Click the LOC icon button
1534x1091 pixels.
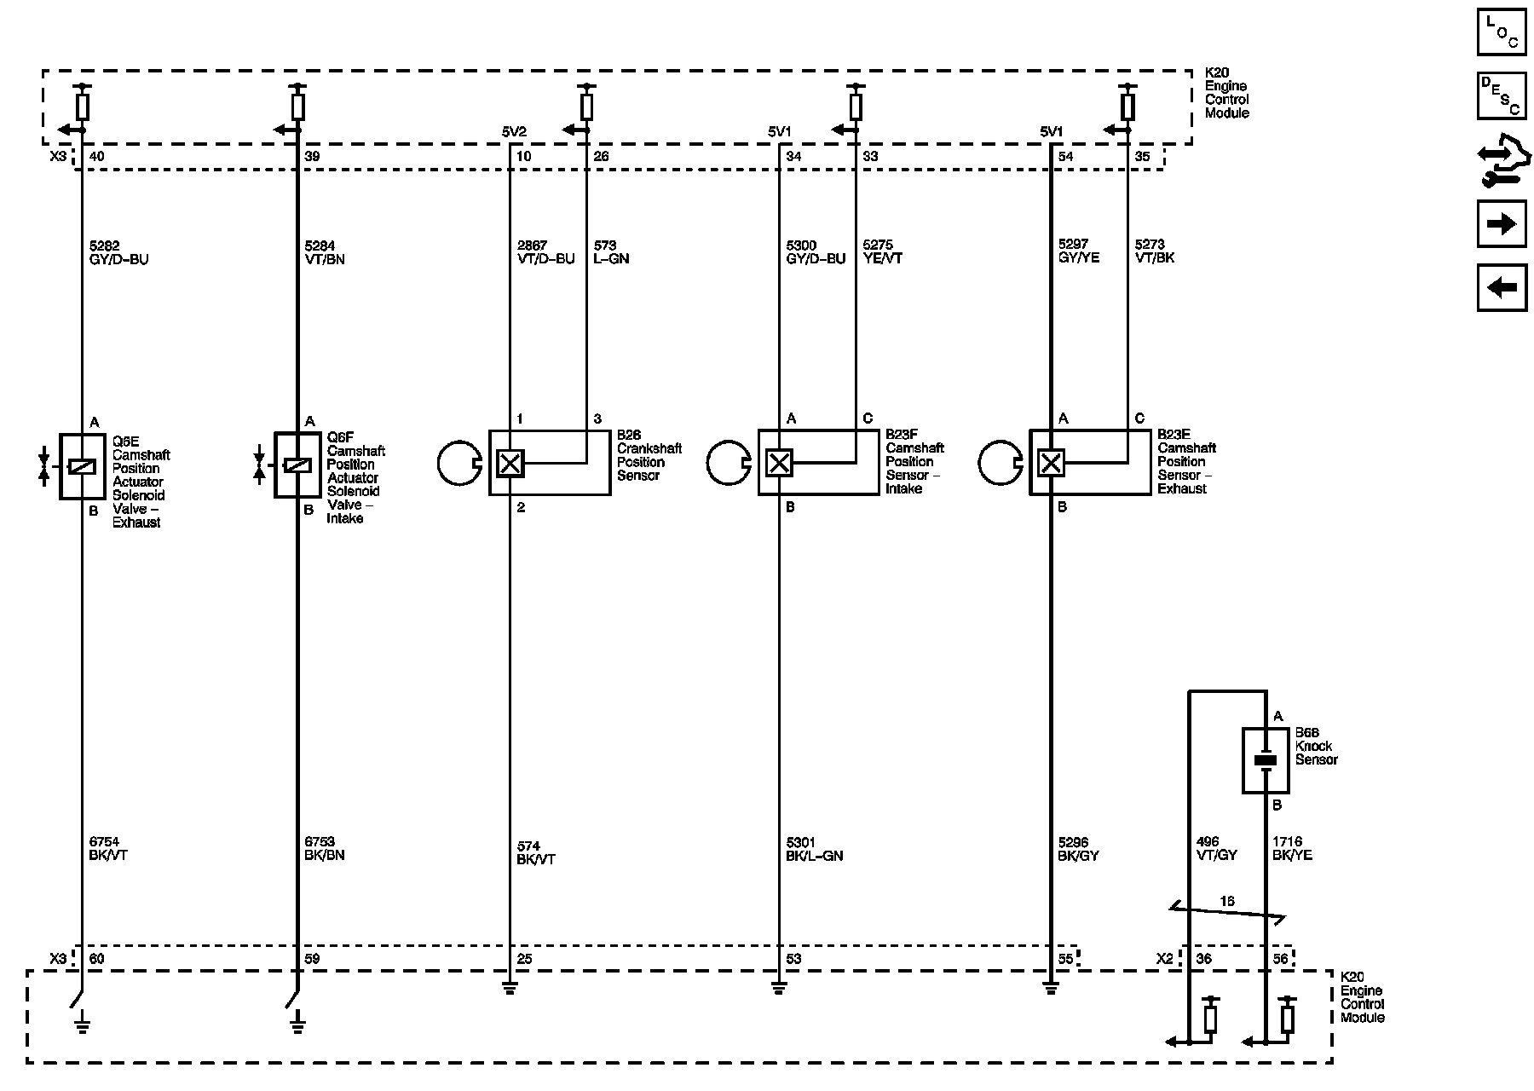[1501, 32]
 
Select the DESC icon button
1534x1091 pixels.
[1501, 96]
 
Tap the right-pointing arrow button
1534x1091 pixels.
[1501, 223]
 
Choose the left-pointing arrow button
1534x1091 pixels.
[1501, 287]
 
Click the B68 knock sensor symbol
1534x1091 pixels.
[1266, 760]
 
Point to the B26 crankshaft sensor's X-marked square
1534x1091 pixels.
[510, 463]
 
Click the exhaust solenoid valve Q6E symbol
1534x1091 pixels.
[82, 466]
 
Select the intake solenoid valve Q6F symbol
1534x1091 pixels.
[297, 465]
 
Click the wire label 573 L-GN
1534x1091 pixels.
[611, 252]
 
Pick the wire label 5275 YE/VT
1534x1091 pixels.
[883, 251]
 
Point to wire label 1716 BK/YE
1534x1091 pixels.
[1292, 848]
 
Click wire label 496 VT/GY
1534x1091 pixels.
[1216, 848]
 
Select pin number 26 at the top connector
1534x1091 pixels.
[602, 157]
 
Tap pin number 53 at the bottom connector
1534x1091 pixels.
[793, 959]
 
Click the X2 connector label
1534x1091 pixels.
[1165, 959]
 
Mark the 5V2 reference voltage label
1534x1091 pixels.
[514, 132]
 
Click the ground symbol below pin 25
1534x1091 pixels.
[510, 989]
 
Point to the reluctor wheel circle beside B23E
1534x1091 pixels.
[1000, 463]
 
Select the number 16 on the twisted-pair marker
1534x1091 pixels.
[1226, 901]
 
